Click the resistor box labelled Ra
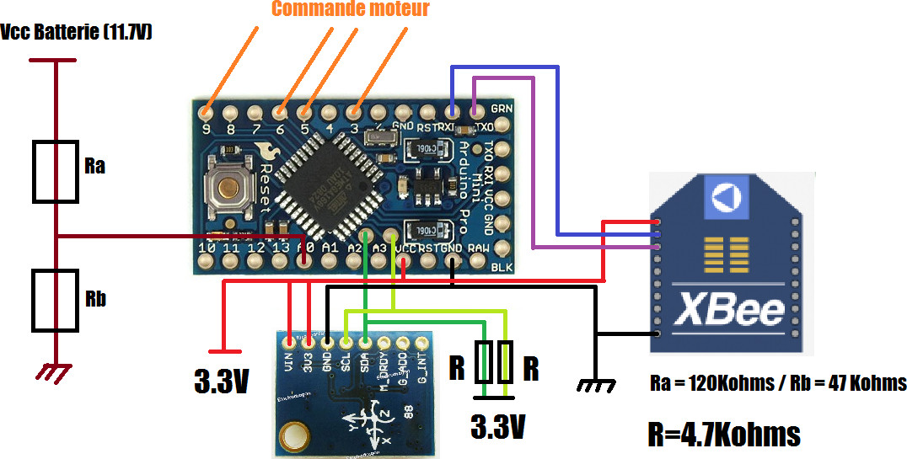[56, 172]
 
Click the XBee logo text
[730, 308]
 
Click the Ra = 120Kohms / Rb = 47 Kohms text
[778, 383]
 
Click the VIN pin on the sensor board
[290, 342]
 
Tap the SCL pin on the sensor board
[346, 342]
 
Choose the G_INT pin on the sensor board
[421, 342]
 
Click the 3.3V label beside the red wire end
[221, 382]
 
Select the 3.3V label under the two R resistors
[497, 425]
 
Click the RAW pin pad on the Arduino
[503, 248]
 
